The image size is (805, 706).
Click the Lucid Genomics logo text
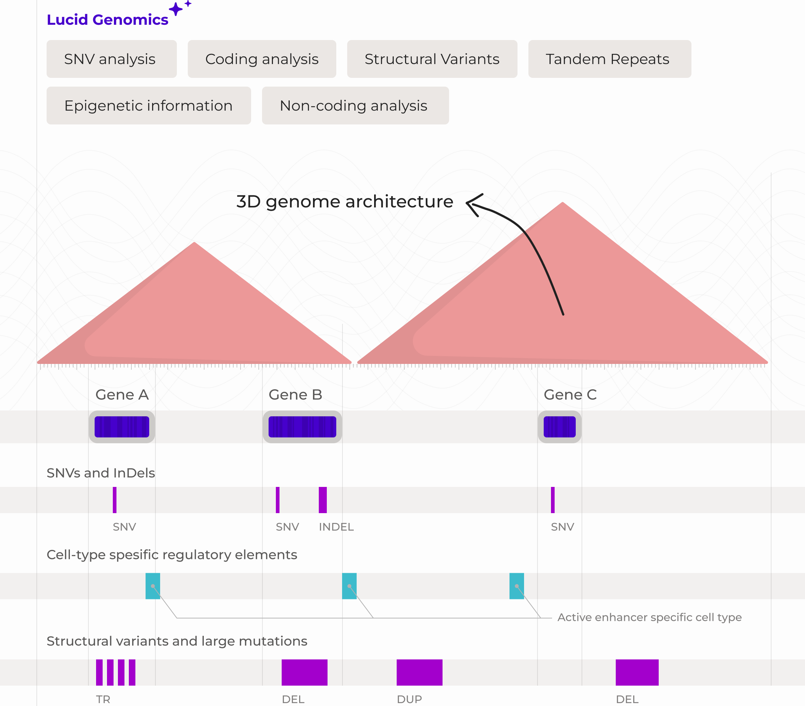click(x=107, y=20)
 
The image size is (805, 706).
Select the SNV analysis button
click(x=111, y=59)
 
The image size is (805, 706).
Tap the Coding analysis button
click(x=262, y=59)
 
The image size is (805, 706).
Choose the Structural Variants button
click(x=432, y=59)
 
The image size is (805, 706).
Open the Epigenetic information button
click(x=148, y=106)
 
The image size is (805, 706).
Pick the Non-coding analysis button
click(x=355, y=106)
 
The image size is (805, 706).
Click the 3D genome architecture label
click(x=345, y=202)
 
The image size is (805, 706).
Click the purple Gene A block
click(x=122, y=427)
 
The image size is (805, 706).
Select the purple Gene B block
click(x=302, y=427)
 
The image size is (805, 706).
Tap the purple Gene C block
click(x=559, y=427)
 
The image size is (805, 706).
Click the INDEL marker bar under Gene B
click(x=322, y=500)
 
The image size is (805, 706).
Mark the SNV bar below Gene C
click(x=552, y=500)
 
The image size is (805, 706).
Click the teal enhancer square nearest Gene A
click(x=153, y=586)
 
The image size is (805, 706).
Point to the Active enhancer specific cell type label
click(x=649, y=617)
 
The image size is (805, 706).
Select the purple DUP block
click(x=419, y=672)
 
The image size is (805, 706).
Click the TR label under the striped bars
click(x=103, y=699)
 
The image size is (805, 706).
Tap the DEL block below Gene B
click(x=304, y=672)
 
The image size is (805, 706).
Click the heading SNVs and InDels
click(x=101, y=473)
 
